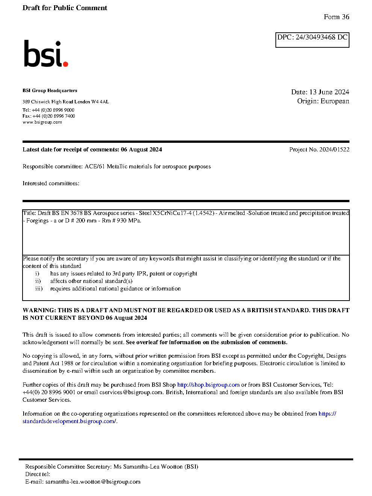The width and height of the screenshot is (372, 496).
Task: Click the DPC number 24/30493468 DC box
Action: click(312, 39)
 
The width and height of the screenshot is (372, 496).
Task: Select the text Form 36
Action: click(336, 17)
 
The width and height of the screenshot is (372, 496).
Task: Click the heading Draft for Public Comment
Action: click(65, 8)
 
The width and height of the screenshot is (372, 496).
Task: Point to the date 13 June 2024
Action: click(329, 92)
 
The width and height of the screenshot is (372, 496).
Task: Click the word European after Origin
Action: click(335, 101)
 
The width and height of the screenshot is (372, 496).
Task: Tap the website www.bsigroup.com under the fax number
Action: click(42, 122)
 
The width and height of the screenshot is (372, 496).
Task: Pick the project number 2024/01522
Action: click(334, 150)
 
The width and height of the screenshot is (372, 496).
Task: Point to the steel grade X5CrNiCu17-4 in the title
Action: click(172, 213)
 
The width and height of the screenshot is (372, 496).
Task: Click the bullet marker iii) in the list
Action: click(39, 289)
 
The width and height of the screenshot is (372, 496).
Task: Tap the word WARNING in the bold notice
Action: click(39, 310)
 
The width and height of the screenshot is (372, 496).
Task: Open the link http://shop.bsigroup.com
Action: click(208, 385)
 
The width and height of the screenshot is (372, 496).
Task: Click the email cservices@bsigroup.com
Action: click(131, 392)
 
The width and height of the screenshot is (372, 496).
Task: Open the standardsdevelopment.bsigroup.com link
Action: click(69, 421)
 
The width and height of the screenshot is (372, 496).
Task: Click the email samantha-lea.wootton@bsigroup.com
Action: click(93, 482)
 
